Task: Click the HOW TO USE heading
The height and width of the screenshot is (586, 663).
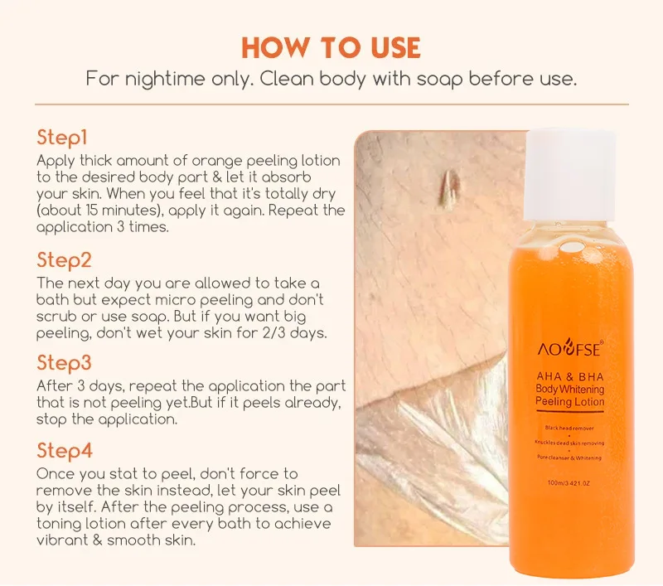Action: pyautogui.click(x=331, y=48)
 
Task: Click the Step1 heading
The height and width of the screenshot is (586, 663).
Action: pyautogui.click(x=62, y=136)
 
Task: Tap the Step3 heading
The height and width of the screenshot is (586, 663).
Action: pyautogui.click(x=64, y=364)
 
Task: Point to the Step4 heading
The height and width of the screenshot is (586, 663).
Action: pyautogui.click(x=65, y=451)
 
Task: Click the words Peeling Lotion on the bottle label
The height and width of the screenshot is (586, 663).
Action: pyautogui.click(x=571, y=402)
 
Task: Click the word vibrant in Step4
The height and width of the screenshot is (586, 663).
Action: pyautogui.click(x=63, y=540)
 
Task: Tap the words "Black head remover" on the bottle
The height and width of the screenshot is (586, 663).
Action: pyautogui.click(x=570, y=427)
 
